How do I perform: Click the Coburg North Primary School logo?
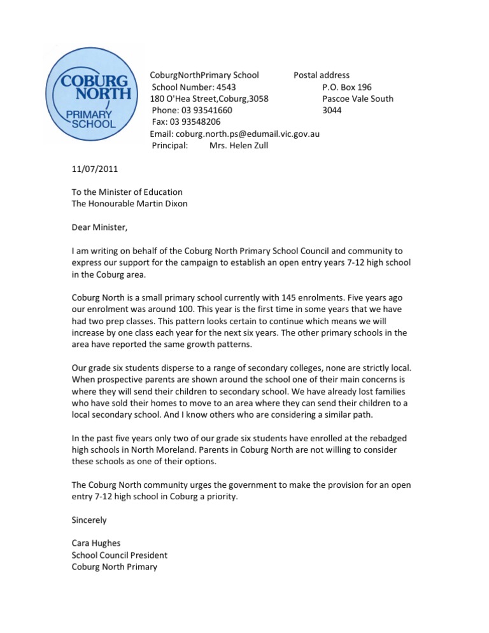point(91,94)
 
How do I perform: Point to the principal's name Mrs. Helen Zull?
point(239,145)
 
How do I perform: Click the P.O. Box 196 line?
point(347,87)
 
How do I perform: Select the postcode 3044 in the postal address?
point(332,110)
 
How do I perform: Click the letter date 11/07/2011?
point(94,169)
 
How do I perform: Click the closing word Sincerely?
point(89,520)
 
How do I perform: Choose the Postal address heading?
point(322,76)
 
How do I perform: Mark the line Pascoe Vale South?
point(358,99)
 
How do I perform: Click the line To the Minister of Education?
point(127,192)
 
